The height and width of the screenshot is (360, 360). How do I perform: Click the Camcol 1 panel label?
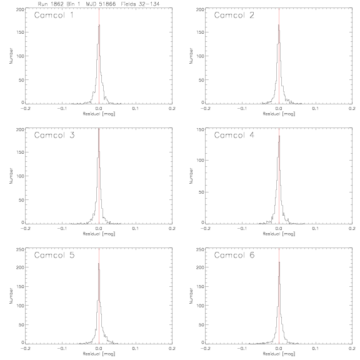click(x=54, y=15)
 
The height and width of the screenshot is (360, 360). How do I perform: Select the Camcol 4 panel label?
click(x=234, y=135)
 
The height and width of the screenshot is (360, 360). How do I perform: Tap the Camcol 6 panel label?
click(x=234, y=255)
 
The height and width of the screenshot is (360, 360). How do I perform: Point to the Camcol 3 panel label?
click(x=54, y=135)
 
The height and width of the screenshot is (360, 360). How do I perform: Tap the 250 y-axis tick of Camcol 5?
click(x=20, y=249)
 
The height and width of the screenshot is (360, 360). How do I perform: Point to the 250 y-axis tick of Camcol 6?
click(x=200, y=249)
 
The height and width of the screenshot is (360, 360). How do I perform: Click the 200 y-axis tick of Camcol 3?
click(x=20, y=129)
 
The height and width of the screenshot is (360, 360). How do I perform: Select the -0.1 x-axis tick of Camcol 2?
click(x=242, y=108)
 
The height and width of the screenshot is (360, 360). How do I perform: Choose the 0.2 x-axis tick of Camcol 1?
click(x=172, y=108)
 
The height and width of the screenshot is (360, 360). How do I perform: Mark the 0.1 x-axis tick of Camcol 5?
click(x=136, y=348)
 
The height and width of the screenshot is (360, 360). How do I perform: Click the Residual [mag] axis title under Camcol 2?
click(x=279, y=114)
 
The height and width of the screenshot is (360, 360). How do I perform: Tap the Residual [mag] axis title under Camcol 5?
click(x=99, y=354)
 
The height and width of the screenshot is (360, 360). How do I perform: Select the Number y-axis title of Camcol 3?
click(x=11, y=176)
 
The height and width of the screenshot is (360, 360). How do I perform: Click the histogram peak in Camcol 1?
click(x=99, y=25)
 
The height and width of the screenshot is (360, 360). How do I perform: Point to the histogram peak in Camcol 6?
click(x=279, y=262)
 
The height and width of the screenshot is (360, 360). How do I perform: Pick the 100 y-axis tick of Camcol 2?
click(x=200, y=56)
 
